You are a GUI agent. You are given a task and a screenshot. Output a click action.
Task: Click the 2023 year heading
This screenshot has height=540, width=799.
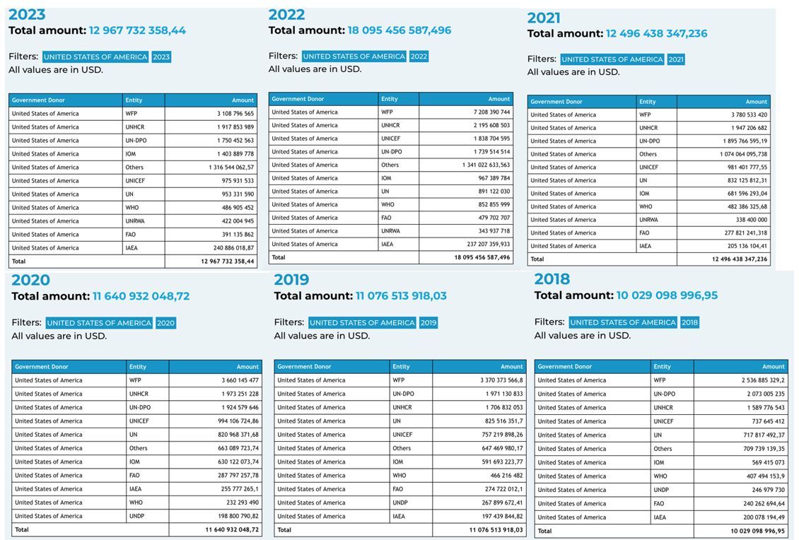(x=27, y=14)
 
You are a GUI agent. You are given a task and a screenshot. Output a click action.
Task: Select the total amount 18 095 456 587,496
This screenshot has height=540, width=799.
(x=399, y=30)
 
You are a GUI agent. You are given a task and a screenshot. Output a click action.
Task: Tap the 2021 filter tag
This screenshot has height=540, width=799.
(x=676, y=59)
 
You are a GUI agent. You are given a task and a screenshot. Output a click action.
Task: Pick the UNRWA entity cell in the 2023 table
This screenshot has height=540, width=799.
(x=136, y=221)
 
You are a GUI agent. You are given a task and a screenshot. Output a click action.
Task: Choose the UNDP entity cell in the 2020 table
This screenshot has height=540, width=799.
(x=136, y=516)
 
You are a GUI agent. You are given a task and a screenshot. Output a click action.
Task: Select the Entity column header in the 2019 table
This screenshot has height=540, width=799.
(x=401, y=367)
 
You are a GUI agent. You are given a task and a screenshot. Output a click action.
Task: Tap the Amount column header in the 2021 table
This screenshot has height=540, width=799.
(x=756, y=102)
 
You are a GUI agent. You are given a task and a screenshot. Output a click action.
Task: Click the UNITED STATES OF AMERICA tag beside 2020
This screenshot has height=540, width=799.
(x=99, y=323)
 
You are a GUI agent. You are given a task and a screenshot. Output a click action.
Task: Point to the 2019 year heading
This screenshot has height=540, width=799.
(x=291, y=279)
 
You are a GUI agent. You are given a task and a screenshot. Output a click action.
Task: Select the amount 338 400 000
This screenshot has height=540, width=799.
(x=751, y=220)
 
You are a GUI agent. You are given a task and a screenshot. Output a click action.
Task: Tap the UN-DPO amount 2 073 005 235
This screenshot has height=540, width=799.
(x=757, y=394)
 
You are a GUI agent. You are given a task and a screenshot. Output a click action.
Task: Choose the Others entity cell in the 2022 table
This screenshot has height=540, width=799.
(x=390, y=165)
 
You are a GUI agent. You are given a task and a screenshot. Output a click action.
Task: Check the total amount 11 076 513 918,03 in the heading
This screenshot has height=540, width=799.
(x=401, y=295)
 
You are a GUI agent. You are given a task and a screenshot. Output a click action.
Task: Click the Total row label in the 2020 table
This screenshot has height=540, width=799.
(x=22, y=529)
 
